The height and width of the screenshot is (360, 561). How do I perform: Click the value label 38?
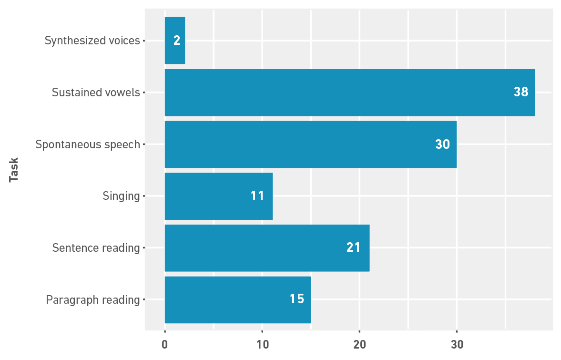[x=521, y=92]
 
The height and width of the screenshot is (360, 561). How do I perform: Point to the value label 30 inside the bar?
[x=443, y=144]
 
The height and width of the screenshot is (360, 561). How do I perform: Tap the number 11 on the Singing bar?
[x=257, y=196]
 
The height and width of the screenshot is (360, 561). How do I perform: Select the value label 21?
[x=353, y=247]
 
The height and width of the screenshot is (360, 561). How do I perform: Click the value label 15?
[x=297, y=299]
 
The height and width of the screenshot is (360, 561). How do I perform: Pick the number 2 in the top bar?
[x=177, y=41]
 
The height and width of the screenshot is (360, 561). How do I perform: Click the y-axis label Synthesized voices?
[x=92, y=41]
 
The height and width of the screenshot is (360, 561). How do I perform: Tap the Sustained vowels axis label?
[x=96, y=93]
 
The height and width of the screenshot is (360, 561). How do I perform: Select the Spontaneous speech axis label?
[x=88, y=144]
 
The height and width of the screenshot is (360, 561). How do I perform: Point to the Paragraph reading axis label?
[x=93, y=300]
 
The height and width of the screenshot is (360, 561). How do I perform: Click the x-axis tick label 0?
[x=165, y=344]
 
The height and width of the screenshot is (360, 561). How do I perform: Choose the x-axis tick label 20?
[x=359, y=344]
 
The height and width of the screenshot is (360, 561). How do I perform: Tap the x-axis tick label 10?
[x=262, y=344]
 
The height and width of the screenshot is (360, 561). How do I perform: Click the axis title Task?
[x=14, y=170]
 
